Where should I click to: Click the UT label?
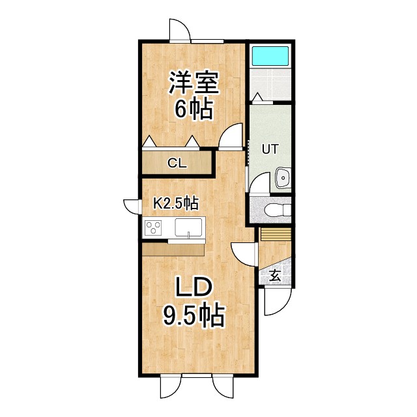[x=270, y=149]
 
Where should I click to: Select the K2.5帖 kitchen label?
[x=175, y=204]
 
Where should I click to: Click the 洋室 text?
[x=193, y=83]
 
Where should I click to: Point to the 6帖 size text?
[x=193, y=109]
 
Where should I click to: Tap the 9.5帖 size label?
[x=193, y=317]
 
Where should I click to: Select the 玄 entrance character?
[x=274, y=276]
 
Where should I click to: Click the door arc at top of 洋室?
[x=179, y=30]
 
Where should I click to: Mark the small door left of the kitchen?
[x=134, y=205]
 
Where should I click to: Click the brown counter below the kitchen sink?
[x=173, y=250]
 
